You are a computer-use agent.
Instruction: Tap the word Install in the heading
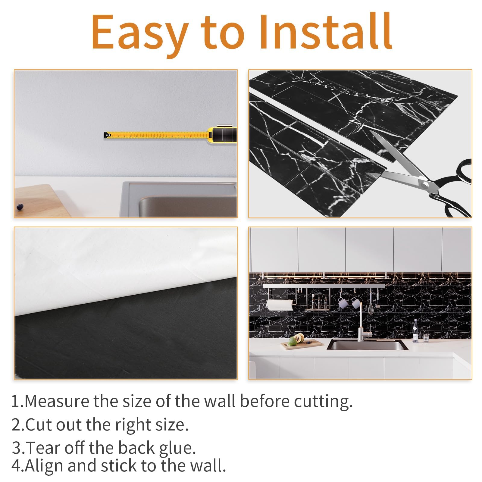[x=325, y=32]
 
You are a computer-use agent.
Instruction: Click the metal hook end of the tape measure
[x=107, y=135]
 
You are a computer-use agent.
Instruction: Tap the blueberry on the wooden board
[x=20, y=206]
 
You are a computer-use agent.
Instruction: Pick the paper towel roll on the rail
[x=280, y=305]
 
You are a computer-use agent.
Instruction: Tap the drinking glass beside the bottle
[x=426, y=338]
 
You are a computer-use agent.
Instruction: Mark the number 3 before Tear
[x=17, y=448]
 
